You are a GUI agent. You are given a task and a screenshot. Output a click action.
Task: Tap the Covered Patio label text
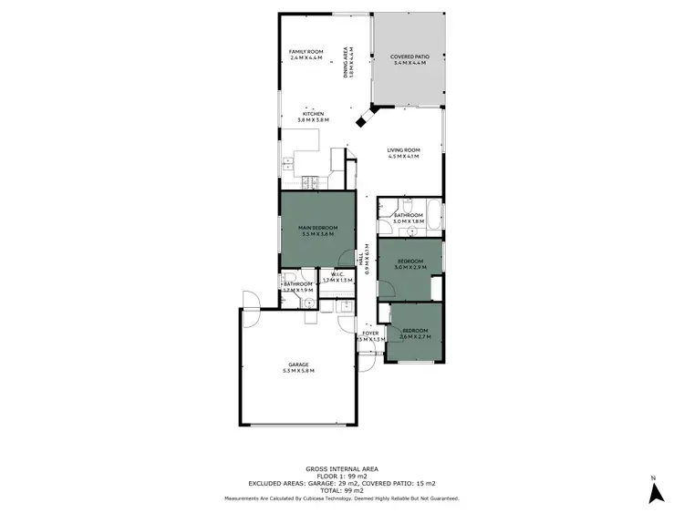pyautogui.click(x=406, y=56)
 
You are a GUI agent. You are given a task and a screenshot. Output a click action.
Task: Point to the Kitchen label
pyautogui.click(x=312, y=114)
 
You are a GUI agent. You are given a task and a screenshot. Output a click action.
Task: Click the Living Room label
pyautogui.click(x=402, y=150)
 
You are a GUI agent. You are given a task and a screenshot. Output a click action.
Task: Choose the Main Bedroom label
pyautogui.click(x=317, y=227)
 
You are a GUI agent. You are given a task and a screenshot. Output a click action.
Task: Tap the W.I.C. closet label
pyautogui.click(x=337, y=275)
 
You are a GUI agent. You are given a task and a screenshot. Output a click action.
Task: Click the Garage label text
pyautogui.click(x=298, y=364)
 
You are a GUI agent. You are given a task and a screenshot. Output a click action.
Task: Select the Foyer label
pyautogui.click(x=370, y=333)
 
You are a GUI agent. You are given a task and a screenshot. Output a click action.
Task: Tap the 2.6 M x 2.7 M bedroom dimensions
pyautogui.click(x=415, y=336)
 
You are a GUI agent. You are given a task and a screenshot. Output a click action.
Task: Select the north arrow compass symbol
pyautogui.click(x=653, y=492)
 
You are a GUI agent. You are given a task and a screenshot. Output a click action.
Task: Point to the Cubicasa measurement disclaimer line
pyautogui.click(x=342, y=498)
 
